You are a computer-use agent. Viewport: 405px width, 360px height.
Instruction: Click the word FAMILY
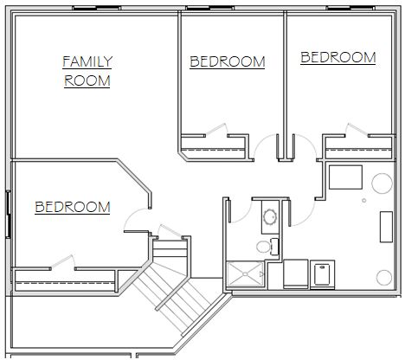click(x=87, y=61)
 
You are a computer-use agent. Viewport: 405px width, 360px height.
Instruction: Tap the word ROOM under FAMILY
click(x=87, y=80)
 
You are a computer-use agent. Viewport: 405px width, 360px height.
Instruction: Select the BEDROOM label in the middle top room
click(x=228, y=61)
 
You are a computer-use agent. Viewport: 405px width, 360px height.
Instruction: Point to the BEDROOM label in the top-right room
click(x=338, y=57)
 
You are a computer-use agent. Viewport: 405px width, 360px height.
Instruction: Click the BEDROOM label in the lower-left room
click(x=73, y=207)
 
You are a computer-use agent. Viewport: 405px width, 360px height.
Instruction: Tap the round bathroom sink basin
click(x=270, y=216)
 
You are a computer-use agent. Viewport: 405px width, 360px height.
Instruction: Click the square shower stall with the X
click(x=246, y=274)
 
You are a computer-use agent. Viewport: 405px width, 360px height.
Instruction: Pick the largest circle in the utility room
click(x=382, y=183)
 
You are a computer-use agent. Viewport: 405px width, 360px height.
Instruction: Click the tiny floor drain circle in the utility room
click(x=364, y=200)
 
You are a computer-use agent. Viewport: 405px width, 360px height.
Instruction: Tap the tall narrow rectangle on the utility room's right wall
click(x=386, y=227)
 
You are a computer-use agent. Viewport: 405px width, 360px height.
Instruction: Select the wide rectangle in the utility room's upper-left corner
click(x=345, y=177)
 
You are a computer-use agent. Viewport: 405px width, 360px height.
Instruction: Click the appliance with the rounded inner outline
click(x=323, y=274)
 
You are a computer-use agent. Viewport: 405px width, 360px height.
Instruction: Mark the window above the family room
click(x=96, y=8)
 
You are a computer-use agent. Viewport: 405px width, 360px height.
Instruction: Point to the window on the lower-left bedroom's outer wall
click(x=8, y=215)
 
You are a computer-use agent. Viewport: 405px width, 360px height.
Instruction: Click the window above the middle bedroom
click(x=209, y=8)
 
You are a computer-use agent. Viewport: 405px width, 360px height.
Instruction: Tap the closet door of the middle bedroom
click(x=216, y=129)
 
